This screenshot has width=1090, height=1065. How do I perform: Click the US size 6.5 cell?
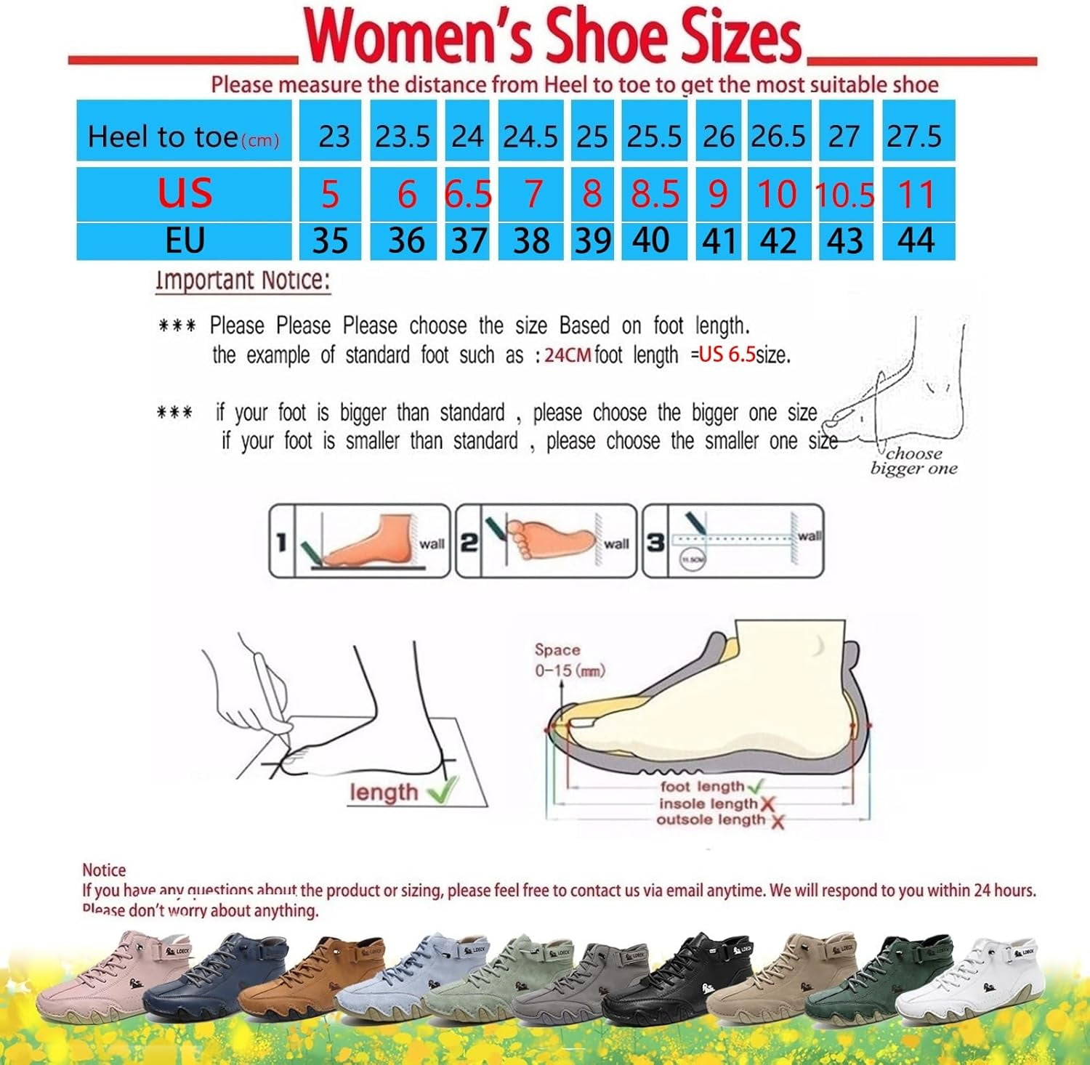[467, 194]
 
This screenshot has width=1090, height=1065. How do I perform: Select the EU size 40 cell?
[653, 240]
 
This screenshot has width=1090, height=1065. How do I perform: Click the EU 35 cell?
[331, 241]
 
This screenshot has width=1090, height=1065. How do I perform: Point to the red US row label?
[185, 193]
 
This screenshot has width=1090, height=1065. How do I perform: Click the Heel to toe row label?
[183, 137]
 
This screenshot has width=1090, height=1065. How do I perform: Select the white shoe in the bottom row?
[974, 977]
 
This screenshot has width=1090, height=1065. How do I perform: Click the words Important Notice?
[243, 280]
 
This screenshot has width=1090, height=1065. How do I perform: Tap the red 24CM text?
[568, 355]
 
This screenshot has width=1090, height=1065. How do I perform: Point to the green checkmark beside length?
[443, 789]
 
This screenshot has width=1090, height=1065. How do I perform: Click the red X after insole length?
[767, 804]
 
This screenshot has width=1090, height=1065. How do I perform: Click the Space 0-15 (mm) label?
[568, 660]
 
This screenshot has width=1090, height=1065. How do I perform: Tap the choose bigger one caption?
[913, 461]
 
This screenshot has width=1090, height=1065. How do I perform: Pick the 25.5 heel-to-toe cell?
[654, 136]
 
